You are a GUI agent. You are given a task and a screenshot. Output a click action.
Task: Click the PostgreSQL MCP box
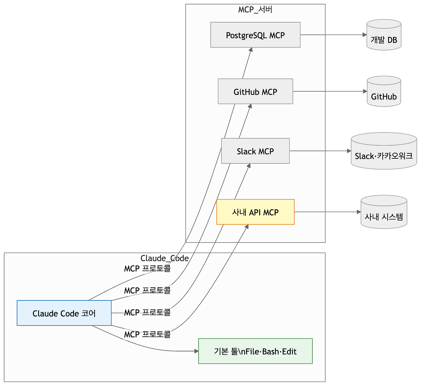tap(255, 35)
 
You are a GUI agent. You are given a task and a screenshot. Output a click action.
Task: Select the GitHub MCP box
tap(255, 91)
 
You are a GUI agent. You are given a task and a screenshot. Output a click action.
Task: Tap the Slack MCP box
tap(255, 151)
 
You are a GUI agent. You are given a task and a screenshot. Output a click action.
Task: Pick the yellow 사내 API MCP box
tap(255, 212)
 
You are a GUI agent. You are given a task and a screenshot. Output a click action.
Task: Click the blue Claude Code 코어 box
tap(64, 313)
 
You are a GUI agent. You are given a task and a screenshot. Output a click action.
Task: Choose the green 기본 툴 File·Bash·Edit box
tap(255, 351)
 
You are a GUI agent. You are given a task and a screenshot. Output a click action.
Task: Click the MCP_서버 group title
tap(255, 9)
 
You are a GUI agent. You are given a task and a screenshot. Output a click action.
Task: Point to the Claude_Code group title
tap(164, 258)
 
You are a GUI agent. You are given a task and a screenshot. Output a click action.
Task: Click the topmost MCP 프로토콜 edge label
tap(147, 269)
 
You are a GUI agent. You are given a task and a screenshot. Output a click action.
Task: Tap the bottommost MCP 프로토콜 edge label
tap(147, 334)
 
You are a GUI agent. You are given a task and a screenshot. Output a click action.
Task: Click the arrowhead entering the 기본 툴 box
tap(196, 351)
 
